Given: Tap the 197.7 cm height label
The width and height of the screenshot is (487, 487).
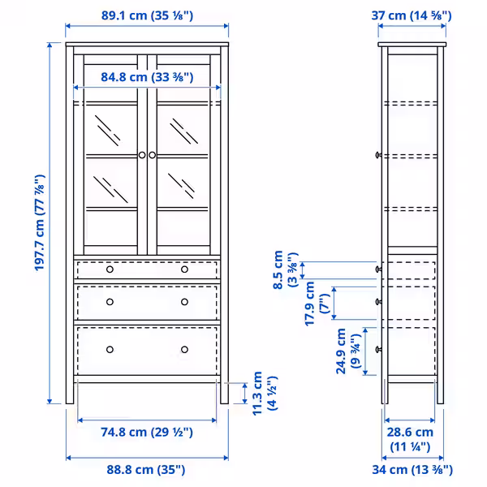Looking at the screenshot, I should point(39,223).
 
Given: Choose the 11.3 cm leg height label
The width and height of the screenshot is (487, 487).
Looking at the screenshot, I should point(265,393).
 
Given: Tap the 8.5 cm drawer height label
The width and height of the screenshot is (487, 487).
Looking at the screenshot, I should point(287,269).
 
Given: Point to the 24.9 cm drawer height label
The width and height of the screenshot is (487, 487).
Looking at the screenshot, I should point(351,351).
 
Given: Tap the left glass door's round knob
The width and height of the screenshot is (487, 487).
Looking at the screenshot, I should point(141,154).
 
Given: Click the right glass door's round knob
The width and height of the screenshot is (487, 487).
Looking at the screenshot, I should point(152,154).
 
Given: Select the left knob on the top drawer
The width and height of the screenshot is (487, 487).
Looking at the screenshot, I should point(109,269).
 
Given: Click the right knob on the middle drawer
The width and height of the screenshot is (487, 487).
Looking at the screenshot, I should point(184,302).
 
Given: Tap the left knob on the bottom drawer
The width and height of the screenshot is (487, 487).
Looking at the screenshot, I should point(109,349).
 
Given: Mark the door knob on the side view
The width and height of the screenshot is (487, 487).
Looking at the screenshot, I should point(378,154).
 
